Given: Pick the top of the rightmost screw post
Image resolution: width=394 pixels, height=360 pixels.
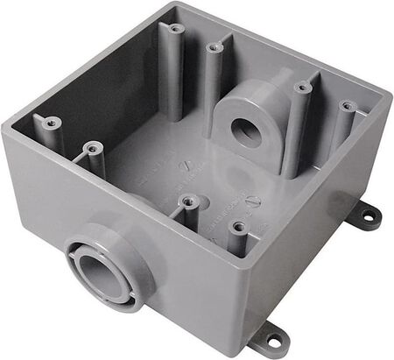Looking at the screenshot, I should pos(347,107).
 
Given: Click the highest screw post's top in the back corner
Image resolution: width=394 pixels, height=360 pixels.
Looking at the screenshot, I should pos(176,29).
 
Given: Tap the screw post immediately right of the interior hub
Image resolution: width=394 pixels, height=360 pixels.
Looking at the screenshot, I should pos(302,88).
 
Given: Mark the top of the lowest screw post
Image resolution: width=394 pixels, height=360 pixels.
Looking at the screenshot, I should pos(236,225).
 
